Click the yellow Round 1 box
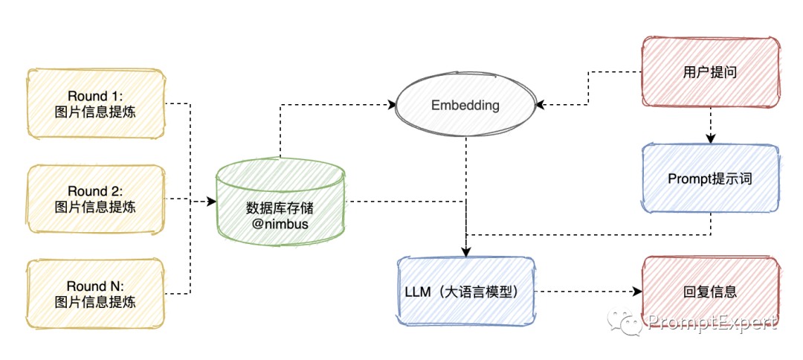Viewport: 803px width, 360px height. pyautogui.click(x=95, y=104)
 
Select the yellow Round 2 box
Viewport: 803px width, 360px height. pyautogui.click(x=95, y=199)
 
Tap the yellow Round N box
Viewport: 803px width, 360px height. pyautogui.click(x=95, y=293)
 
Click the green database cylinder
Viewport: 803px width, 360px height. pyautogui.click(x=281, y=202)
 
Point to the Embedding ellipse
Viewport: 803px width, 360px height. pyautogui.click(x=465, y=106)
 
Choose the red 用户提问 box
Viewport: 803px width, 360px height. pyautogui.click(x=710, y=72)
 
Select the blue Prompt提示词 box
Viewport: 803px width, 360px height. pyautogui.click(x=710, y=179)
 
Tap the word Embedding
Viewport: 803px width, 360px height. pyautogui.click(x=465, y=106)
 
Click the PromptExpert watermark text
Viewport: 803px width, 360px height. pyautogui.click(x=712, y=322)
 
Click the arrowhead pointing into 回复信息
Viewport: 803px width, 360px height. pyautogui.click(x=637, y=292)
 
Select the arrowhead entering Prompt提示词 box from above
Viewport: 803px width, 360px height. pyautogui.click(x=710, y=138)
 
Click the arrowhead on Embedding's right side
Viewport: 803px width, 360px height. pyautogui.click(x=540, y=106)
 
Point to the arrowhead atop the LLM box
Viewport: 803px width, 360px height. pyautogui.click(x=465, y=251)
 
